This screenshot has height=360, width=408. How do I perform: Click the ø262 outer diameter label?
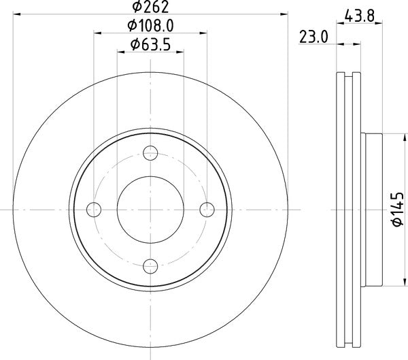[x=150, y=7]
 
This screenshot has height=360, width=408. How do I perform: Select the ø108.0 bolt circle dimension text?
[x=150, y=26]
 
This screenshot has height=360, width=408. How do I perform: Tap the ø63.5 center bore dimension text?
[x=150, y=44]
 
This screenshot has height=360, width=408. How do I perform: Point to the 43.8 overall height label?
[x=359, y=16]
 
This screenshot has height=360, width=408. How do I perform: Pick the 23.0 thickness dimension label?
[x=313, y=37]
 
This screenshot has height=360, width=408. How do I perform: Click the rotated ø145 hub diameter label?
[x=398, y=210]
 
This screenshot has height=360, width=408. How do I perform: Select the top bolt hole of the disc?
[x=150, y=153]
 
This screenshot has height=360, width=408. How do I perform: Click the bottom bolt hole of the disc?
[x=150, y=266]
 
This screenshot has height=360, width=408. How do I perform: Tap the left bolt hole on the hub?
[x=94, y=210]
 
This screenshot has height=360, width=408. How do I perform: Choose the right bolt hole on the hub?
[x=207, y=210]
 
